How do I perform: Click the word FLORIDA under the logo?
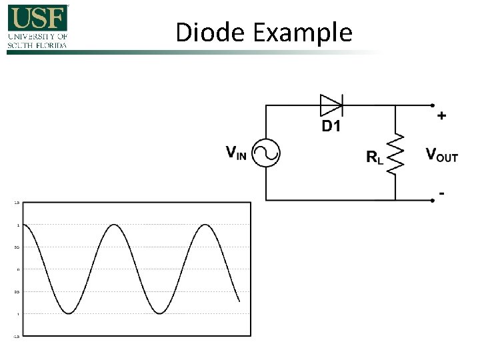click(53, 45)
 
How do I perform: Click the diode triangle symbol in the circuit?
click(331, 105)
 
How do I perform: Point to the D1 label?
click(331, 126)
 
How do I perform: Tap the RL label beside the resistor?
click(375, 157)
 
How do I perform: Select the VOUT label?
click(442, 155)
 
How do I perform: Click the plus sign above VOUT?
click(441, 116)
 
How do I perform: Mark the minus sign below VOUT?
click(441, 193)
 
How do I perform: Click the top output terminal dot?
click(432, 105)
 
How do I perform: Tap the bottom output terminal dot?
click(432, 200)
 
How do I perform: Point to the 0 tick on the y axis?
click(18, 269)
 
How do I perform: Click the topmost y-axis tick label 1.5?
click(17, 202)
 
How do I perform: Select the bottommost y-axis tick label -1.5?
click(17, 337)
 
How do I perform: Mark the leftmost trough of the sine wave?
click(69, 313)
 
